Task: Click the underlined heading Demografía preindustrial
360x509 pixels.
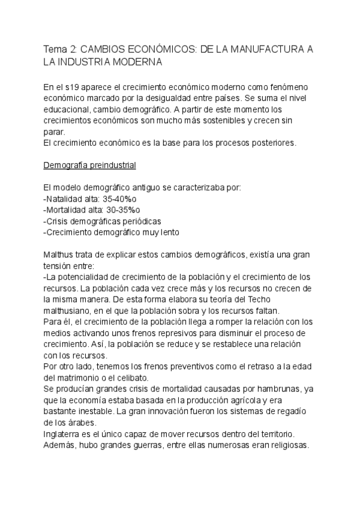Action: [x=91, y=164]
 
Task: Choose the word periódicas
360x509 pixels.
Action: [x=139, y=221]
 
